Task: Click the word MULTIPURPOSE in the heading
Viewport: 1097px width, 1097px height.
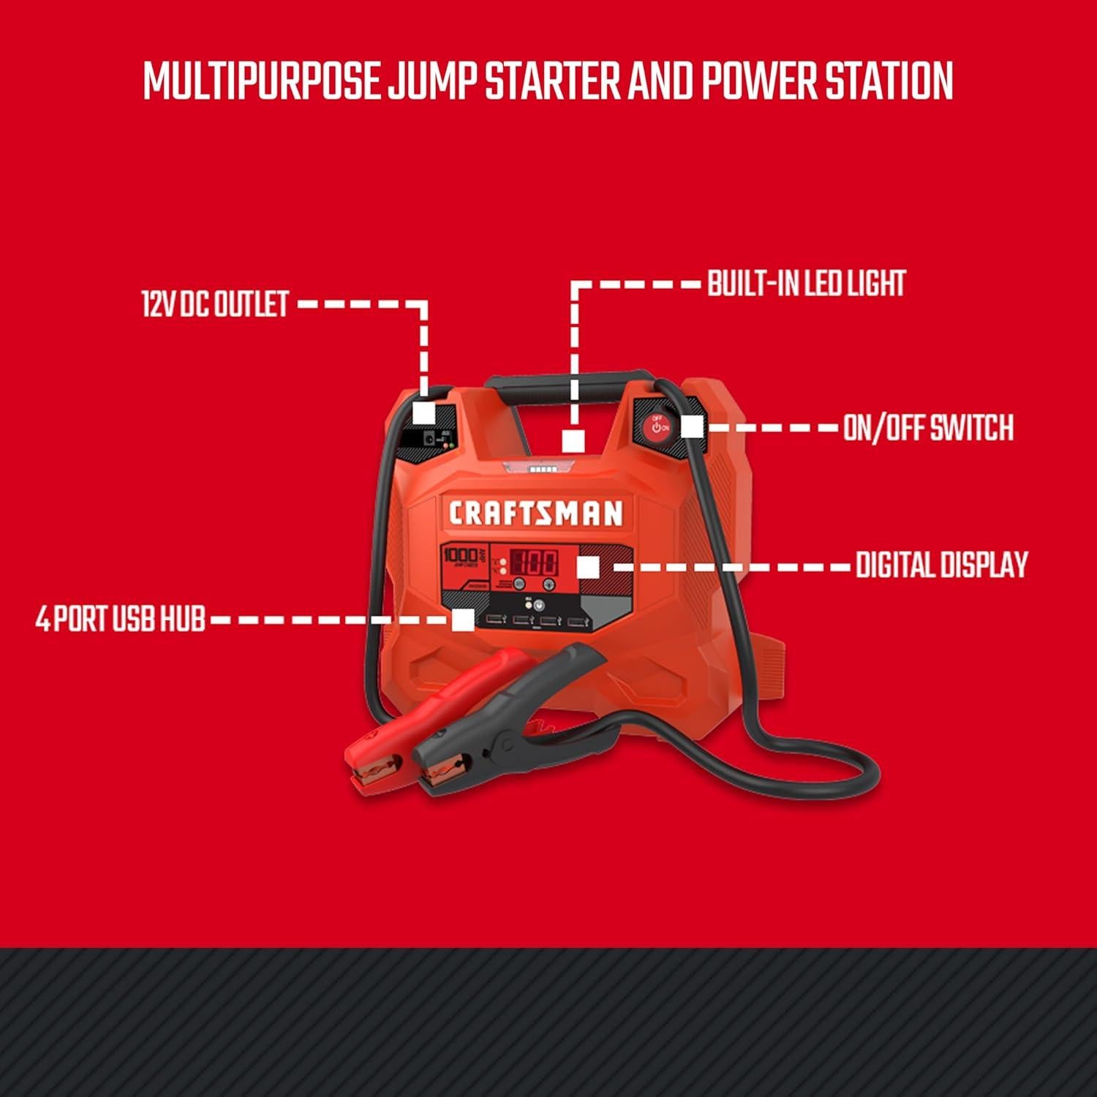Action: pyautogui.click(x=261, y=81)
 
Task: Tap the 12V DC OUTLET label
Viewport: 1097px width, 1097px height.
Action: pyautogui.click(x=216, y=304)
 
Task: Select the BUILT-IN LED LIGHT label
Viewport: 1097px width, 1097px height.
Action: pyautogui.click(x=806, y=284)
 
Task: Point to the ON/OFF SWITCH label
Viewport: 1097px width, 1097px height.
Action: pyautogui.click(x=928, y=427)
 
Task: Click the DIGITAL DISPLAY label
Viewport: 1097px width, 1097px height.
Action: pyautogui.click(x=942, y=565)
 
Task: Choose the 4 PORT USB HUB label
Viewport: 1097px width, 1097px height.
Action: pyautogui.click(x=121, y=619)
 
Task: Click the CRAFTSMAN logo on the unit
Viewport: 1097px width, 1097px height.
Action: pyautogui.click(x=535, y=513)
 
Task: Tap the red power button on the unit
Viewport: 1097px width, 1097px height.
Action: pyautogui.click(x=656, y=426)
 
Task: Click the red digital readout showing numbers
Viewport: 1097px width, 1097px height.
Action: pyautogui.click(x=534, y=563)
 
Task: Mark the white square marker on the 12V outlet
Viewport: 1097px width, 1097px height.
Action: pyautogui.click(x=424, y=412)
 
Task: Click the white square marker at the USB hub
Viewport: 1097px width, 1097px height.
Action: pyautogui.click(x=462, y=620)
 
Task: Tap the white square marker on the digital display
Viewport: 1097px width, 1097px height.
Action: pyautogui.click(x=588, y=567)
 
